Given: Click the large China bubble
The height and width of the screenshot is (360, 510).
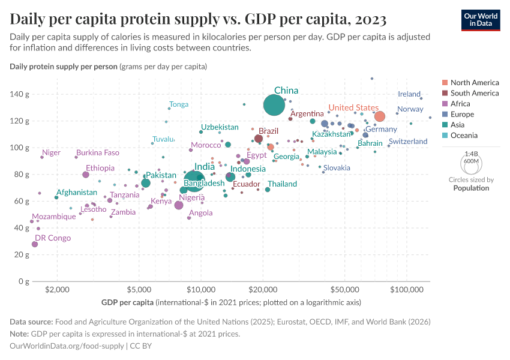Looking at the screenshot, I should (x=274, y=105).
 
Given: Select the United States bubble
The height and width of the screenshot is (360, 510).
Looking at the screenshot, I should (x=379, y=116).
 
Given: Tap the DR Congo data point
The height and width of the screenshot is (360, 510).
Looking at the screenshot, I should (x=35, y=244).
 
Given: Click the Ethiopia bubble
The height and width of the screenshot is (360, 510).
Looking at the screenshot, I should (x=86, y=175).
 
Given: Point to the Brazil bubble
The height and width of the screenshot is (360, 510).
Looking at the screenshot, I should (x=259, y=139).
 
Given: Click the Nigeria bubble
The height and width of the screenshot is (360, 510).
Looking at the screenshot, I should (x=179, y=205).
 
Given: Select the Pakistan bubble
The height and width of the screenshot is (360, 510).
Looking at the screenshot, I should (x=146, y=183).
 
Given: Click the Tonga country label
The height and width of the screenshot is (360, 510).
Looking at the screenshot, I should (x=179, y=104).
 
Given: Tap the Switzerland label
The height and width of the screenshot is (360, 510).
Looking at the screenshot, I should (x=408, y=142).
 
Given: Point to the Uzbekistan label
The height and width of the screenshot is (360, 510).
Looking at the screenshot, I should (x=220, y=127).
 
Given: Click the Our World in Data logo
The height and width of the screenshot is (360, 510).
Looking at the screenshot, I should (x=481, y=20).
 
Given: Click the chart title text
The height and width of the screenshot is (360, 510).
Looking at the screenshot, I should (x=198, y=19).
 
